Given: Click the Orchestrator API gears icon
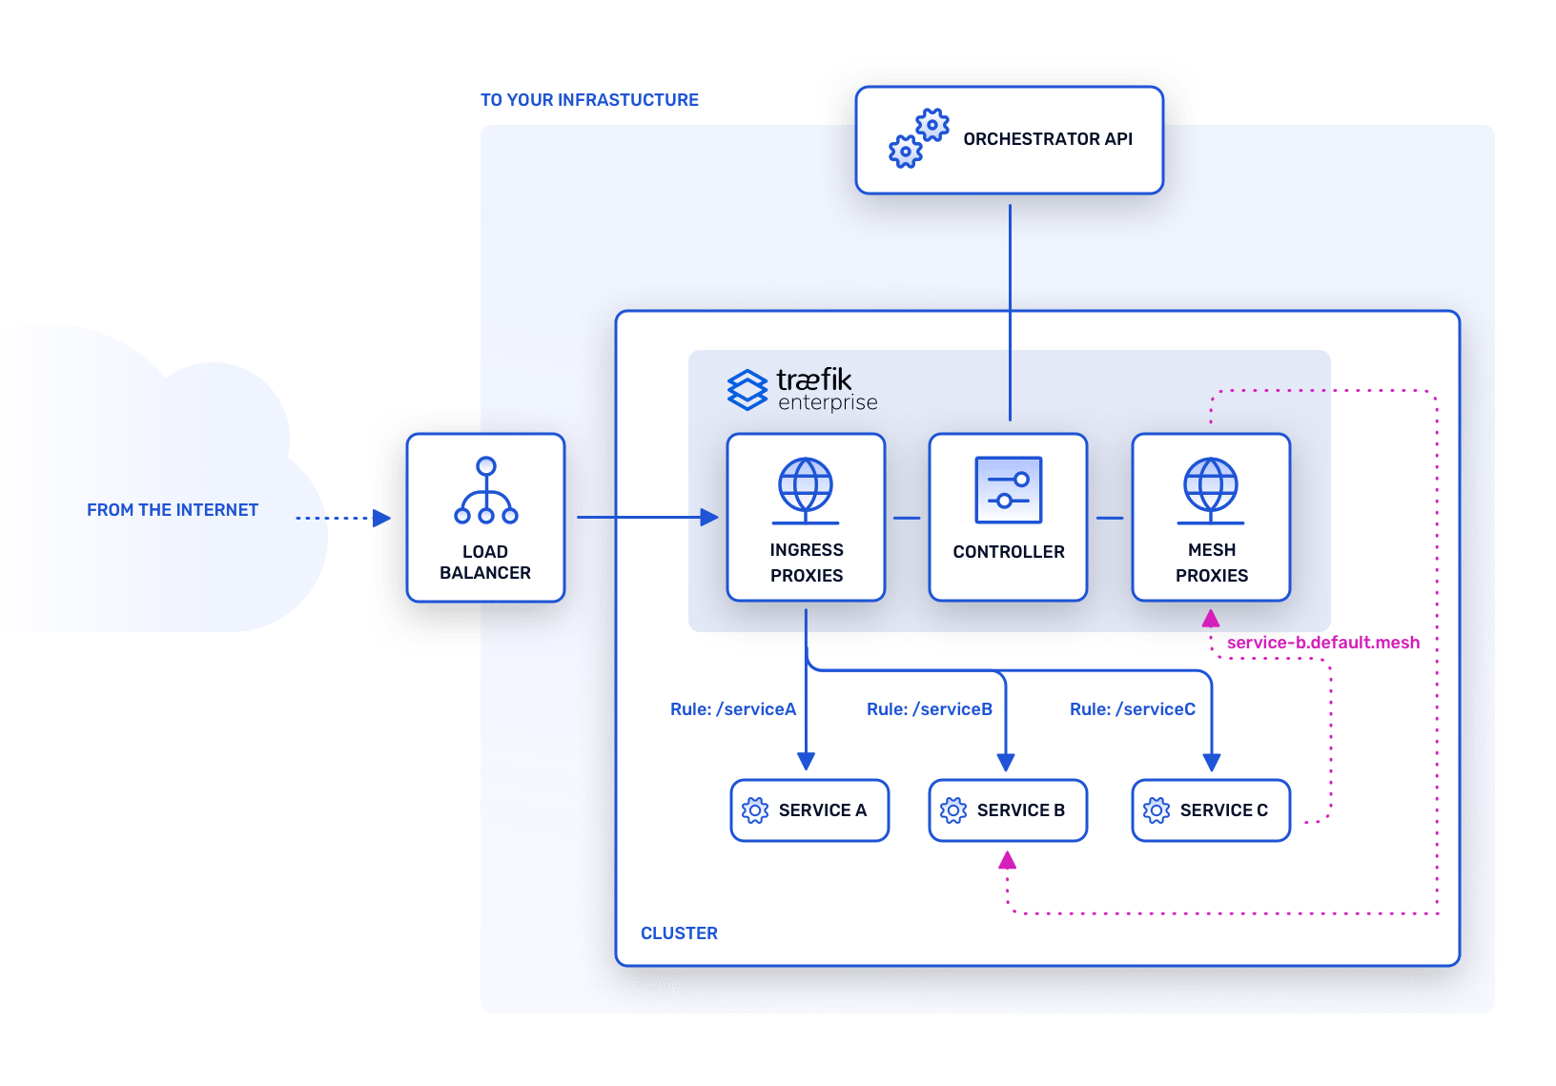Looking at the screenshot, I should pyautogui.click(x=918, y=139).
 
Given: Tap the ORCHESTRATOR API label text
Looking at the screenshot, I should pyautogui.click(x=1047, y=139).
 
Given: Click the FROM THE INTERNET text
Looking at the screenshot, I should pyautogui.click(x=173, y=510).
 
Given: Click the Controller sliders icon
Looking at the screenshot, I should pyautogui.click(x=1008, y=490).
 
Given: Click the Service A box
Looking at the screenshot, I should pyautogui.click(x=809, y=810).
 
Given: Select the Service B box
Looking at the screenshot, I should pyautogui.click(x=1008, y=810).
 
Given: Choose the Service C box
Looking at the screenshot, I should pyautogui.click(x=1211, y=810).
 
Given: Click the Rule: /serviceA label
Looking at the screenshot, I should pyautogui.click(x=732, y=709).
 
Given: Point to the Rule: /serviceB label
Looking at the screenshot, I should pyautogui.click(x=929, y=709).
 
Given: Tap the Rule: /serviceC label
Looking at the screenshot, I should pyautogui.click(x=1132, y=709).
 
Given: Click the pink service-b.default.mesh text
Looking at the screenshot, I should pyautogui.click(x=1322, y=643).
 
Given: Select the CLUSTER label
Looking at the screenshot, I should pyautogui.click(x=679, y=933).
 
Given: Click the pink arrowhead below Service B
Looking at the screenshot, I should pyautogui.click(x=1007, y=861).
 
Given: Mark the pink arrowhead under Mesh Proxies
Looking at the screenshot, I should pyautogui.click(x=1211, y=619).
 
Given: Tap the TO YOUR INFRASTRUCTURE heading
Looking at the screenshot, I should pyautogui.click(x=589, y=100).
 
